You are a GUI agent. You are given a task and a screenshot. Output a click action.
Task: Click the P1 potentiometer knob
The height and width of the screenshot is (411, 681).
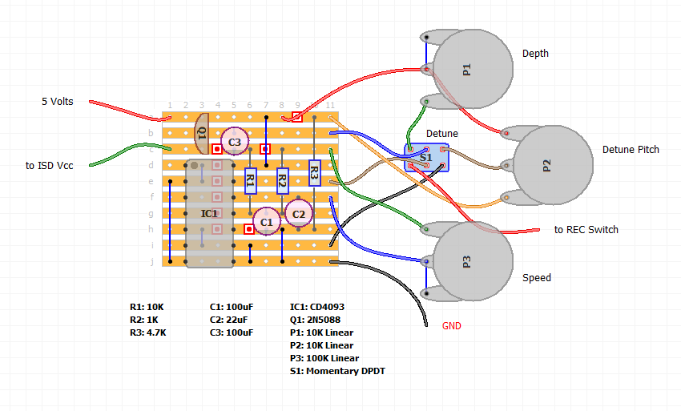pos(472,70)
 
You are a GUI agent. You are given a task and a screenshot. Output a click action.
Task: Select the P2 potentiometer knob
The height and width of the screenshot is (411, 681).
pos(552,166)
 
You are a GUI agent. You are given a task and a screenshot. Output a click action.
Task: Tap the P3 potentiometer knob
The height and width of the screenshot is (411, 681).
pos(472,262)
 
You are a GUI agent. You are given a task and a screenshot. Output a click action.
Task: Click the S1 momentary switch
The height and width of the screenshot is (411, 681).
pos(426,158)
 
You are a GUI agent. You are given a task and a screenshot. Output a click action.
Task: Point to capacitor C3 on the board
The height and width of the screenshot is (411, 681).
pos(234,142)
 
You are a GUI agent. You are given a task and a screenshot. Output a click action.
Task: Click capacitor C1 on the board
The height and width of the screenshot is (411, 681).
pos(266,220)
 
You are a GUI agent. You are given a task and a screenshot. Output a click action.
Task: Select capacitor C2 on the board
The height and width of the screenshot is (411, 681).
pos(298,212)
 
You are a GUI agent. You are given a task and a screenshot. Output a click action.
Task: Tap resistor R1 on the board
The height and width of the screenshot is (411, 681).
pos(250,181)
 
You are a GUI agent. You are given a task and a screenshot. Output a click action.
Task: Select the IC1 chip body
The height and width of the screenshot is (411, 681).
pos(209,214)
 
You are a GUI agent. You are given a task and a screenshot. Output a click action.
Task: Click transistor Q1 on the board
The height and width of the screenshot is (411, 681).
pos(202,134)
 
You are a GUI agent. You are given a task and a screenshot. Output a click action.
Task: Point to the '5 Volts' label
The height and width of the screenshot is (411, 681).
pos(58,102)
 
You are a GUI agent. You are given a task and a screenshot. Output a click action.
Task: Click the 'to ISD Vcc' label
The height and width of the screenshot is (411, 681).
pos(51,166)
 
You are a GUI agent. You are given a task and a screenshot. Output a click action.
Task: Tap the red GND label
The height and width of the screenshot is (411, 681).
pos(452,326)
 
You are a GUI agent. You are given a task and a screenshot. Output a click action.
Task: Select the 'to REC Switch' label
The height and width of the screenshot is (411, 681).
pos(586,230)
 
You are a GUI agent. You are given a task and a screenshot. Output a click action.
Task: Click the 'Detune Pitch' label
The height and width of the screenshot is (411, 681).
pos(631,150)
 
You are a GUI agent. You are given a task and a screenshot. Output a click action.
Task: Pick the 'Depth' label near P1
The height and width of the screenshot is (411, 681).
pos(535,54)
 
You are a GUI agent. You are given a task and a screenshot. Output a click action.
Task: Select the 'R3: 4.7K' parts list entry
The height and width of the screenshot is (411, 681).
pos(147,332)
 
